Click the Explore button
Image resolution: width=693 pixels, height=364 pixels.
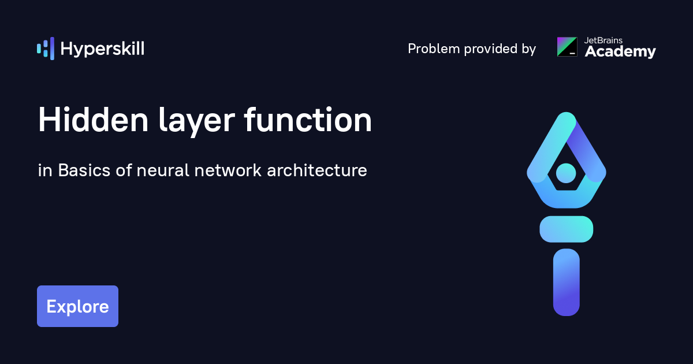tap(77, 306)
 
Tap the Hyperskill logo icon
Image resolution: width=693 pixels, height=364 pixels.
tap(46, 49)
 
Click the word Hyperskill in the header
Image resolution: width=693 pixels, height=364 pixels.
tap(102, 49)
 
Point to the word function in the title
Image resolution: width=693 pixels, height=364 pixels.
tap(308, 121)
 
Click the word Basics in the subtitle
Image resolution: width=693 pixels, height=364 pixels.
tap(84, 171)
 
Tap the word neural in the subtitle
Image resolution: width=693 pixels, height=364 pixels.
tap(163, 171)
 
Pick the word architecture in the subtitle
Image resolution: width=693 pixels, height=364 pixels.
tap(316, 172)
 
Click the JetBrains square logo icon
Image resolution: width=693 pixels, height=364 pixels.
tap(567, 47)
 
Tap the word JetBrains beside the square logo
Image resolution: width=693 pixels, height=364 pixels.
tap(604, 40)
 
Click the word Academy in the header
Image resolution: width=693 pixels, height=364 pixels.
tap(620, 53)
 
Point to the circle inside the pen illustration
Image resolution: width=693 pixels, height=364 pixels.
tap(566, 172)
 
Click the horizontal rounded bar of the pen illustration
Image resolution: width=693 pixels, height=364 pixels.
tap(567, 229)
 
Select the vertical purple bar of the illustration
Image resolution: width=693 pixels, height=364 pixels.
tap(567, 282)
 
